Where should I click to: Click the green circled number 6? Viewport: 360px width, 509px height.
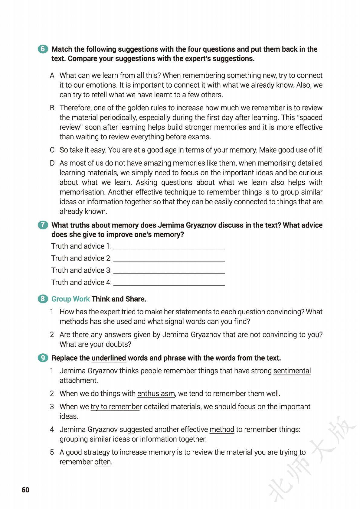tap(43, 49)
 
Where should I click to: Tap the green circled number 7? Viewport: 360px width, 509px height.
tap(43, 225)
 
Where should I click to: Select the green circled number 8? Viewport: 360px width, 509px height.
tap(43, 299)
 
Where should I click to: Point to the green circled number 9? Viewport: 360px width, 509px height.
tap(43, 358)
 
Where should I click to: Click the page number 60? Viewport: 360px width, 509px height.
tap(25, 490)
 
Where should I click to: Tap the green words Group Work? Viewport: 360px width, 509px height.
tap(70, 299)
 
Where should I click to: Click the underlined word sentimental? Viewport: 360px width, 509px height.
tap(292, 371)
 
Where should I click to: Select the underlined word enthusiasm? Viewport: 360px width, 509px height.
tap(156, 394)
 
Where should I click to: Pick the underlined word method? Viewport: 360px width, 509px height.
tap(222, 430)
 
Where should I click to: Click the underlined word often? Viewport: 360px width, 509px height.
tap(103, 462)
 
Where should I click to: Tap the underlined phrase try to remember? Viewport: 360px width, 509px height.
tap(116, 407)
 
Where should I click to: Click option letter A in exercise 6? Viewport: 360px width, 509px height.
tap(52, 76)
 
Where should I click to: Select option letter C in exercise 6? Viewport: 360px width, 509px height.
tap(52, 150)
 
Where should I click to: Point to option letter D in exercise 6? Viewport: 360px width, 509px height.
tap(52, 163)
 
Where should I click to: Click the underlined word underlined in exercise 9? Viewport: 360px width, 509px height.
tap(109, 358)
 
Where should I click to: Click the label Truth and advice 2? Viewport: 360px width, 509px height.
tap(81, 258)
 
